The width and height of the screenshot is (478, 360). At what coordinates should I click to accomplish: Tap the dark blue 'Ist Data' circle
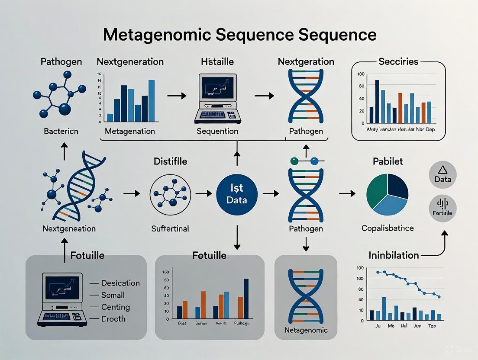point(237,193)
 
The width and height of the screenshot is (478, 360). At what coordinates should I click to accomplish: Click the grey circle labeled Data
point(442,175)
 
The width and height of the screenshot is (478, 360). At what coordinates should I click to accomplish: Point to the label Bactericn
point(61,131)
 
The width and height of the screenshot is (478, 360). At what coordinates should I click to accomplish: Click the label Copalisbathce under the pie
point(388,228)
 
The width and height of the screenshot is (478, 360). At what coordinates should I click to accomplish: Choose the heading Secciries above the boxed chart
point(398,61)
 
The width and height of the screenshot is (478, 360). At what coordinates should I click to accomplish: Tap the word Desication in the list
point(120,283)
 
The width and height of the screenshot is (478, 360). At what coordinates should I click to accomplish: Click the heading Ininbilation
point(394,255)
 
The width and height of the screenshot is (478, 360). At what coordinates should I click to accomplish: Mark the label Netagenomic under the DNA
point(306,330)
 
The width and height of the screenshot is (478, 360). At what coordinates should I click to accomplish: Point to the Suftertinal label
point(170,228)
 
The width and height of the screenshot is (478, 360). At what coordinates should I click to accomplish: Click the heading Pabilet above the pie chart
point(388,161)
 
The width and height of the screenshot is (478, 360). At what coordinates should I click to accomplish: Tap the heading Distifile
point(171,161)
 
